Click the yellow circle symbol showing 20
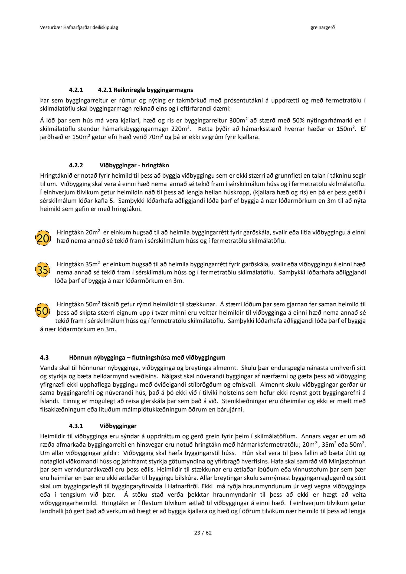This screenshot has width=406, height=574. (43, 238)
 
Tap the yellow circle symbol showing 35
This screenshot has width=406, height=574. (43, 270)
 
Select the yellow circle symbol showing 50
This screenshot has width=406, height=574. (43, 311)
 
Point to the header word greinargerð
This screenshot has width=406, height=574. (323, 28)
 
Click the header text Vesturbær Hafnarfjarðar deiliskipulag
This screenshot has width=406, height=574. (79, 28)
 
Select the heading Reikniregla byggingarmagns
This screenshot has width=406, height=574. (145, 90)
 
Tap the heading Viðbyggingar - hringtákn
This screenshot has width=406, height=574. (134, 165)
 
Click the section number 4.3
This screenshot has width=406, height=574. (44, 357)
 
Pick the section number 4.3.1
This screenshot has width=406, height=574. (76, 426)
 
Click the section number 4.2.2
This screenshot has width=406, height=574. (76, 165)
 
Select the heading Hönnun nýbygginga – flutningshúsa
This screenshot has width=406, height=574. (147, 357)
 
